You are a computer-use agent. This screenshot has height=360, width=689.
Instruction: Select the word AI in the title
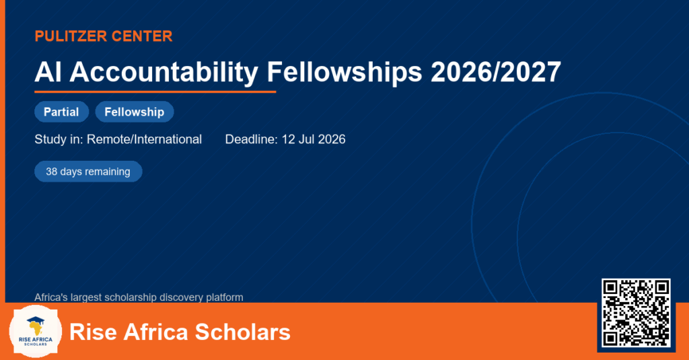click(x=48, y=71)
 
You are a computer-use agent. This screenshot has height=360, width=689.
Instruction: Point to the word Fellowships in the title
click(x=344, y=73)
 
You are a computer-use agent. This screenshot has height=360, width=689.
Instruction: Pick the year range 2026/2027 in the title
click(x=496, y=71)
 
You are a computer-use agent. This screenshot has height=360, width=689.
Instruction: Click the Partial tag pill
click(x=61, y=112)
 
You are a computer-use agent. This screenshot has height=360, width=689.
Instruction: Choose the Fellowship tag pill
click(x=135, y=112)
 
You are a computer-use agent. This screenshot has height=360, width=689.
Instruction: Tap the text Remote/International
click(x=144, y=139)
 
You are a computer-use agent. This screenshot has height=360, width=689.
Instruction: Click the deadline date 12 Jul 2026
click(x=314, y=139)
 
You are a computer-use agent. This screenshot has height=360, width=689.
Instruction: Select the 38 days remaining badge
click(x=88, y=172)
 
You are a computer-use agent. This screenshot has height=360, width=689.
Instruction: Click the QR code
click(x=636, y=313)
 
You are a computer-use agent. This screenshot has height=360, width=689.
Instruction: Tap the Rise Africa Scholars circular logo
click(x=36, y=332)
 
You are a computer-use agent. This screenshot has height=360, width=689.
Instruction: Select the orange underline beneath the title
click(x=155, y=92)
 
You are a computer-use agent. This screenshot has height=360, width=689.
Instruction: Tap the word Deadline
click(x=252, y=139)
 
